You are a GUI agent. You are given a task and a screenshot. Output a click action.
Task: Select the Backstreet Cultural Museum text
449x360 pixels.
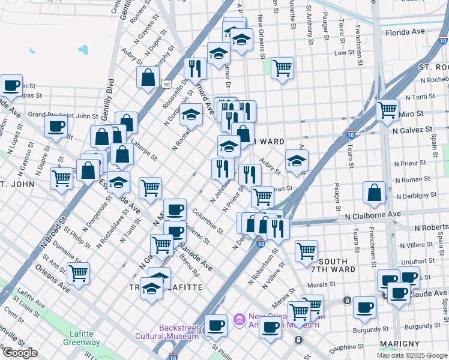179,332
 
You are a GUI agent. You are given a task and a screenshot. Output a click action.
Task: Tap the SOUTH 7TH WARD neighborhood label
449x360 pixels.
340,266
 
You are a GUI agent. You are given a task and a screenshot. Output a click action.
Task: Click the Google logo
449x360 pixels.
19,353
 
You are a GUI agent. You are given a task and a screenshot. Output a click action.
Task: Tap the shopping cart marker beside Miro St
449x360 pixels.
388,110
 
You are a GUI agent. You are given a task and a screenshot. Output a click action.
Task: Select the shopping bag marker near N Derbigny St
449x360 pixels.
374,193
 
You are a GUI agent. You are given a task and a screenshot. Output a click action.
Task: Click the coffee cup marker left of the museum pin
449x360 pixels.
215,325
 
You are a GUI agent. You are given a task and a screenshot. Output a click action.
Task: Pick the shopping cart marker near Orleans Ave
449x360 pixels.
78,273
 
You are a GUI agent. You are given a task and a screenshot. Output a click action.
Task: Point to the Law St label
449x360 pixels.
345,52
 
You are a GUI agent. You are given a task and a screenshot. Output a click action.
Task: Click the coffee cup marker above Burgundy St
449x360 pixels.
364,307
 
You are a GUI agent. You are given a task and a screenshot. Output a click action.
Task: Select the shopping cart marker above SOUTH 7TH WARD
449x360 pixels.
306,250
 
